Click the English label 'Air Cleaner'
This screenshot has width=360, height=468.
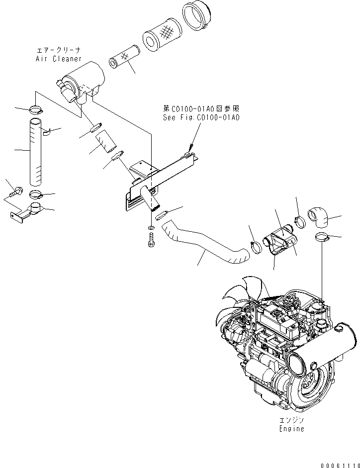pos(58,59)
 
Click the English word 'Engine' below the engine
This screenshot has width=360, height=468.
pos(291,428)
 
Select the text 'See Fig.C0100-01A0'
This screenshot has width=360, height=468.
pos(201,118)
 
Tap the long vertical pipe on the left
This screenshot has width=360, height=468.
pos(36,152)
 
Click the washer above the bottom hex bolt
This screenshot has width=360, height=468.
pos(151,228)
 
